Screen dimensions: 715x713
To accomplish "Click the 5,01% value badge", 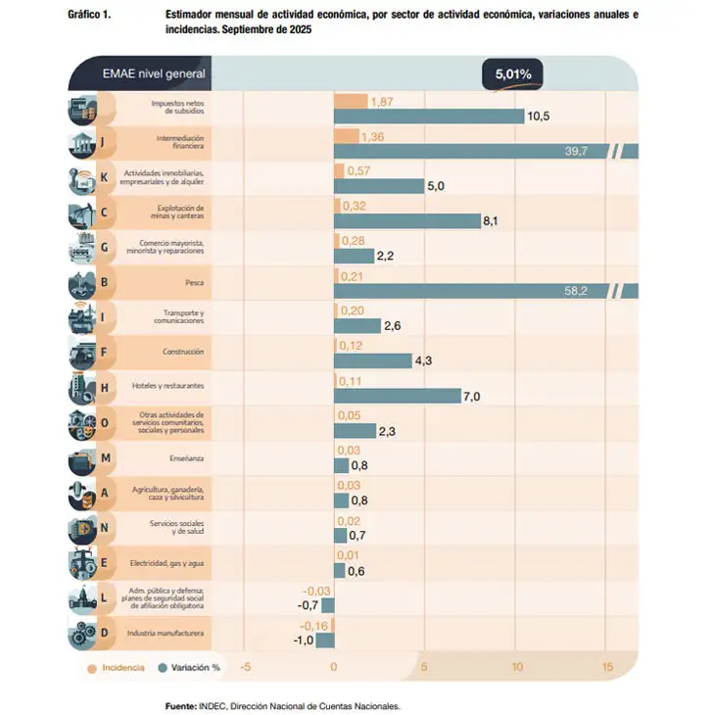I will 512,73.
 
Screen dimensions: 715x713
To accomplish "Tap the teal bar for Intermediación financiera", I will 470,151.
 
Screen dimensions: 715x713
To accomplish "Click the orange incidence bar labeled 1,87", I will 350,101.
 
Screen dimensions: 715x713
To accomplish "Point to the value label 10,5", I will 539,116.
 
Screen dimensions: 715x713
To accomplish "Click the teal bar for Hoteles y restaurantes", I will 397,396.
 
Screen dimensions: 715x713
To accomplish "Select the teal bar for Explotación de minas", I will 406,221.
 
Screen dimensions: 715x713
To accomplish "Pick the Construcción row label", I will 183,352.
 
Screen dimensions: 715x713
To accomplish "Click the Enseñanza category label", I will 184,457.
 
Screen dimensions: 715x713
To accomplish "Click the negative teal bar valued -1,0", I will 325,641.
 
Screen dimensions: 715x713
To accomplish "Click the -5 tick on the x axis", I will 245,668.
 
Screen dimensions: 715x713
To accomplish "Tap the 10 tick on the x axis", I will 516,668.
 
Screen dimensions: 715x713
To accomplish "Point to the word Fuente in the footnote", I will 181,705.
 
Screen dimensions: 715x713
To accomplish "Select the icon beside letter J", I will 81,146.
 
